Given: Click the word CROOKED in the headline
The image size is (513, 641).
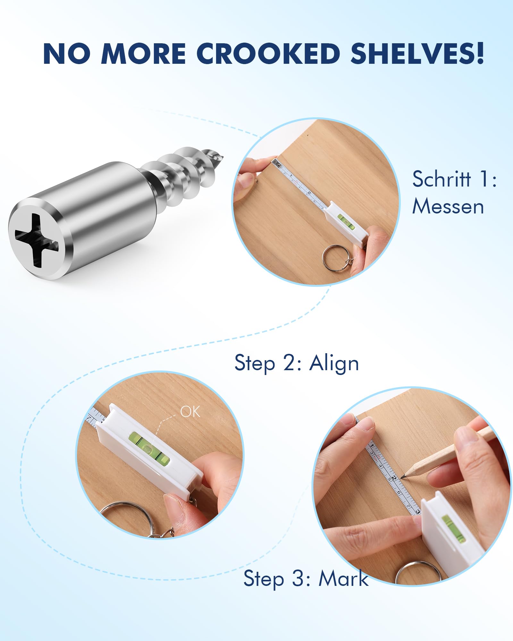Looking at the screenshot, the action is coord(268,53).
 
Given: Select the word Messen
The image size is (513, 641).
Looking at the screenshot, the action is coord(448,206).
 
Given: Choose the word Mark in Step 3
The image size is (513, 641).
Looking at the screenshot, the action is coord(343,579).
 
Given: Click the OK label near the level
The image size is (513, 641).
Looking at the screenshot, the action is coord(190,412).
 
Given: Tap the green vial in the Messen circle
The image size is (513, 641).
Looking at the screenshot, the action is coord(347,222).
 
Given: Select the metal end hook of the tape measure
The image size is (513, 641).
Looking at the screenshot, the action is coord(275,162).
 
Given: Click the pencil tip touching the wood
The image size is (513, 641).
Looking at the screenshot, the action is coord(402,478).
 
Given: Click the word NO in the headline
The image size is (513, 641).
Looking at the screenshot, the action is coord(67,54).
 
